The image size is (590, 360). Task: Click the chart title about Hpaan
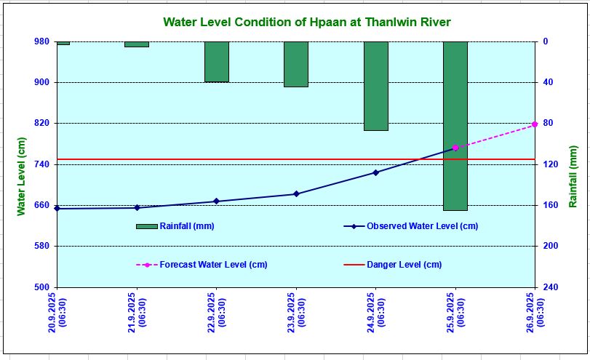click(x=307, y=23)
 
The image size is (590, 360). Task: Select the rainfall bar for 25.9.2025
click(x=455, y=126)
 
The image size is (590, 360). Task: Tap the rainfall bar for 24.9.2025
click(x=375, y=86)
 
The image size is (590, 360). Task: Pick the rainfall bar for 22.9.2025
click(x=216, y=62)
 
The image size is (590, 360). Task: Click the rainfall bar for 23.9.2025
click(x=296, y=64)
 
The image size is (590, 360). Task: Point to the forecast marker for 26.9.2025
click(x=535, y=124)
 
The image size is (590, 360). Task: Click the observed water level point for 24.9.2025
click(x=375, y=172)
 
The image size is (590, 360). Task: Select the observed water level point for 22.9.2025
click(x=216, y=201)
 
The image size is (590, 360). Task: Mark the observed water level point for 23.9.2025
click(x=296, y=194)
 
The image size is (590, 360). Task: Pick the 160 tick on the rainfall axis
click(x=551, y=205)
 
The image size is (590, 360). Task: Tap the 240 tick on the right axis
click(x=551, y=287)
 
